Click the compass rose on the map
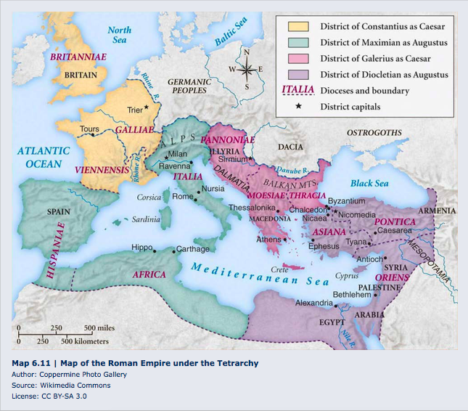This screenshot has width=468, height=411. (x=246, y=70)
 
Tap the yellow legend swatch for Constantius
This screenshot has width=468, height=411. (x=297, y=27)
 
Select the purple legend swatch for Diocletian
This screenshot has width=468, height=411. (x=297, y=74)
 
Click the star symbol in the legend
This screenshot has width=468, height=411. (x=297, y=107)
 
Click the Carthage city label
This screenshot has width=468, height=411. (x=192, y=249)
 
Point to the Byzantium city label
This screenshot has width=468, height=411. (x=347, y=200)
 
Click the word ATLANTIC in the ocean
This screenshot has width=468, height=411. (x=44, y=151)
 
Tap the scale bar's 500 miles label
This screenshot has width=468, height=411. (x=99, y=327)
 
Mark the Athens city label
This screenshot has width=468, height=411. (x=268, y=239)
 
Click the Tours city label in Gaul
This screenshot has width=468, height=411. (x=89, y=129)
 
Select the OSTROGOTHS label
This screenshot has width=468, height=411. (x=374, y=133)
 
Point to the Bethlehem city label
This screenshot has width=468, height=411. (x=351, y=294)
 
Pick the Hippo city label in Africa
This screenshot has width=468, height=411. (x=141, y=247)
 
